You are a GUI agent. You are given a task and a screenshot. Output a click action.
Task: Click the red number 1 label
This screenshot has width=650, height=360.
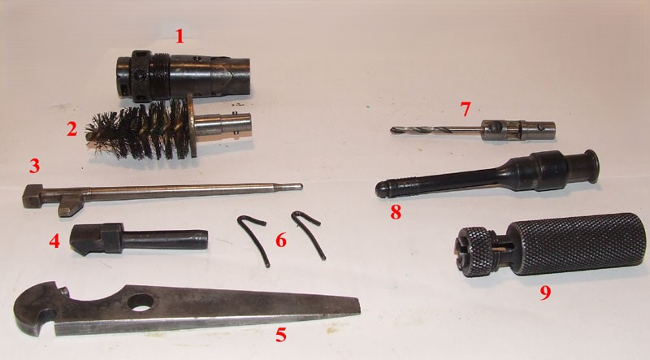pyautogui.click(x=179, y=36)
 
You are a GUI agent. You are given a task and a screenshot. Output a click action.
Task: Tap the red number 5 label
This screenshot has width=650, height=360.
pyautogui.click(x=281, y=335)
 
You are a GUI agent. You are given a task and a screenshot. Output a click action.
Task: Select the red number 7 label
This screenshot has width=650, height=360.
pyautogui.click(x=466, y=109)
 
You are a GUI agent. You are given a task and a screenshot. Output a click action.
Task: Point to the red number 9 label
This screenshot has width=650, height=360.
pyautogui.click(x=545, y=293)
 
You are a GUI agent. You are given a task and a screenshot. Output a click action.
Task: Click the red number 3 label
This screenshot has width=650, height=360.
pyautogui.click(x=34, y=166)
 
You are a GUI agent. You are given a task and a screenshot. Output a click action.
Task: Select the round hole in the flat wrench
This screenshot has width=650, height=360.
pyautogui.click(x=141, y=302)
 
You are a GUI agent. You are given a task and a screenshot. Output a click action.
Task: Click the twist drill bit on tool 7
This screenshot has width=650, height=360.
pyautogui.click(x=435, y=130)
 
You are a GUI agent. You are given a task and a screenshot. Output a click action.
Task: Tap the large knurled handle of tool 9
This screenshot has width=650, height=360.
pyautogui.click(x=577, y=245)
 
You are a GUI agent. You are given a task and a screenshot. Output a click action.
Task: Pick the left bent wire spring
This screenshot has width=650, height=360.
pyautogui.click(x=253, y=239)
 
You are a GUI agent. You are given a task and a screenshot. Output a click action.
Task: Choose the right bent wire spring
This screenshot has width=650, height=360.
pyautogui.click(x=309, y=233)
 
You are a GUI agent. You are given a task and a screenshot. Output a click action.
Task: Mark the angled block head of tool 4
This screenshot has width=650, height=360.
pyautogui.click(x=97, y=239)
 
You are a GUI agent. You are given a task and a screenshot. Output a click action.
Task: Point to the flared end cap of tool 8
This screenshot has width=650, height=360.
pyautogui.click(x=591, y=166)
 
